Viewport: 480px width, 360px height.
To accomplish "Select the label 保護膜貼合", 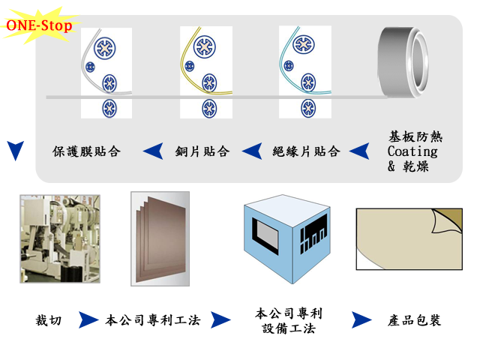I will coord(86,151).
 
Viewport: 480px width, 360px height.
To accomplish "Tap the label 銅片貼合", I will coord(202,151).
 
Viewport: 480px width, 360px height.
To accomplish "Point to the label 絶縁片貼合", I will coord(306,151).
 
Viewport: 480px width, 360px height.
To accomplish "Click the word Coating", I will coord(412,151).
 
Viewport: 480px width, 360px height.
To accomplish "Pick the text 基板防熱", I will coord(415,137).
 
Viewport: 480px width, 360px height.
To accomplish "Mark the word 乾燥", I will coord(419,166).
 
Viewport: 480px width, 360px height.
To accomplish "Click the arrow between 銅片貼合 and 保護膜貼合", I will coord(153,151).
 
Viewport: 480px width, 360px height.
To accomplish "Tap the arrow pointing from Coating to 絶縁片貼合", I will coord(359,151).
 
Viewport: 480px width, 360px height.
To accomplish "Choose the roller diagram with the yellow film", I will coord(205,72).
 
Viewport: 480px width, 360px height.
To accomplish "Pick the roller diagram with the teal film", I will coord(304,72).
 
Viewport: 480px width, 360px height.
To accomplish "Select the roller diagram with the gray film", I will coord(106,72).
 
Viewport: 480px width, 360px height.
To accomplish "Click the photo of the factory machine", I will coord(59,238).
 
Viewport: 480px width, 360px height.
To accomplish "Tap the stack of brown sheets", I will coord(160,238).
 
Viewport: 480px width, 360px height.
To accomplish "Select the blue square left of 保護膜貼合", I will coord(16,151).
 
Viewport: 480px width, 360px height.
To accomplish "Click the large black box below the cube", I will coord(289,320).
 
